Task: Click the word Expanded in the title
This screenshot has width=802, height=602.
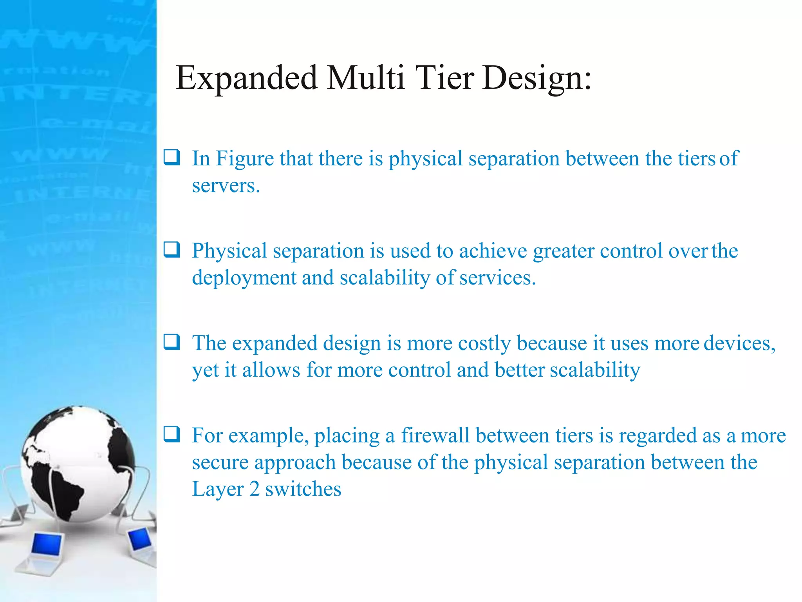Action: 246,78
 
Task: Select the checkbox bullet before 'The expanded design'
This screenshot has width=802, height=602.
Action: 172,342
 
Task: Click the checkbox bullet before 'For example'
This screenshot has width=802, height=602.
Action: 172,434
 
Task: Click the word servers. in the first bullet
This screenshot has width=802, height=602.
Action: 226,186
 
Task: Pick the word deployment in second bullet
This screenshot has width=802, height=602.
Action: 244,278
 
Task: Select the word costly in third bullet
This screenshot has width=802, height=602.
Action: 484,344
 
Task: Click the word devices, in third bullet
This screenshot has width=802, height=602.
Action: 739,343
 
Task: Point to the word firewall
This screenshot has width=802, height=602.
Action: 435,435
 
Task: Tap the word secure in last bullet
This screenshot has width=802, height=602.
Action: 220,463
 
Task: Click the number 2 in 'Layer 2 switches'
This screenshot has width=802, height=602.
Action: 254,490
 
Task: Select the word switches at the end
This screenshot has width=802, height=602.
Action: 303,490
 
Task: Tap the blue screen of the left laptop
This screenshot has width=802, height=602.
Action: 47,544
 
